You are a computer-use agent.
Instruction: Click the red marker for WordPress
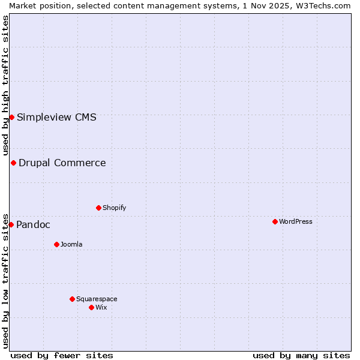[x=275, y=221]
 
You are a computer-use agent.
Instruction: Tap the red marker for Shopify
[x=98, y=208]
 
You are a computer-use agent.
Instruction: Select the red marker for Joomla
[x=56, y=244]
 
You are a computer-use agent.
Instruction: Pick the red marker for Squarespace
[x=72, y=299]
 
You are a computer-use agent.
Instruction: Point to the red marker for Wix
[x=91, y=307]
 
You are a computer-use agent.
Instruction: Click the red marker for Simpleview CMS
[x=11, y=117]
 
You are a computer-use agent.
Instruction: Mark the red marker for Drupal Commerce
[x=13, y=163]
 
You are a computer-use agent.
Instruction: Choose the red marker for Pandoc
[x=11, y=224]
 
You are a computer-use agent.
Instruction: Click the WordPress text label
[x=296, y=221]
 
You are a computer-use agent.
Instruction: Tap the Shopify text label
[x=115, y=208]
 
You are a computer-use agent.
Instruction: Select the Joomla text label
[x=71, y=244]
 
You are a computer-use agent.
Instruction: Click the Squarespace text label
[x=97, y=299]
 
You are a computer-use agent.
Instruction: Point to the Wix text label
[x=101, y=307]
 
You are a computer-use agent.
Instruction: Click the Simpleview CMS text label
[x=56, y=117]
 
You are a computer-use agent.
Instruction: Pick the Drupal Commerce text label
[x=62, y=163]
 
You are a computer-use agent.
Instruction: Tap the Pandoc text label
[x=33, y=224]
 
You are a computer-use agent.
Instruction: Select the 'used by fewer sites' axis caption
[x=62, y=355]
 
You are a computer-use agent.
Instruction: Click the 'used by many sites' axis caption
[x=301, y=355]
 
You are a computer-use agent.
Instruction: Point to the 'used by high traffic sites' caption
[x=5, y=85]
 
